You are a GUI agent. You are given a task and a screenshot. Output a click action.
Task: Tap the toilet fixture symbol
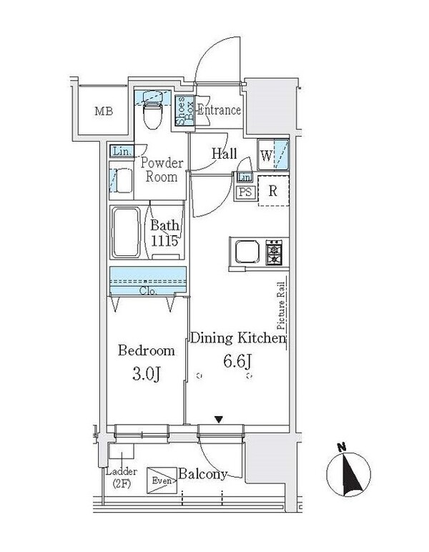point(152,112)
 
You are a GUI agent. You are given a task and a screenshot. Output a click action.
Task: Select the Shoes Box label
point(182,112)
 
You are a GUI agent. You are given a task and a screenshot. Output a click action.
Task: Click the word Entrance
point(219,111)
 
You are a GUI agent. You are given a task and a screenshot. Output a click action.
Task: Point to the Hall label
point(224,153)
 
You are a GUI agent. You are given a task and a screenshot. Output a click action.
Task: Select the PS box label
point(245,192)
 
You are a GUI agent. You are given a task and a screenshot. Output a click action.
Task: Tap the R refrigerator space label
point(272,190)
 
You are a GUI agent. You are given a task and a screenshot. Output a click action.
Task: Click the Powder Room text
point(162,170)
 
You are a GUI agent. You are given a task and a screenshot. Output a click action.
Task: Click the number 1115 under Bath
point(164,241)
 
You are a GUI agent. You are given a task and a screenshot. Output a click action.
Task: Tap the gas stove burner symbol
point(274,252)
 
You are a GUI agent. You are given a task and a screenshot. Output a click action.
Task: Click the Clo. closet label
point(148,291)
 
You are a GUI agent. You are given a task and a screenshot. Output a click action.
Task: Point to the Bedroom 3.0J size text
point(146,373)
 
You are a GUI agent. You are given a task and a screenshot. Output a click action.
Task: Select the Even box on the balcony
point(159,479)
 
